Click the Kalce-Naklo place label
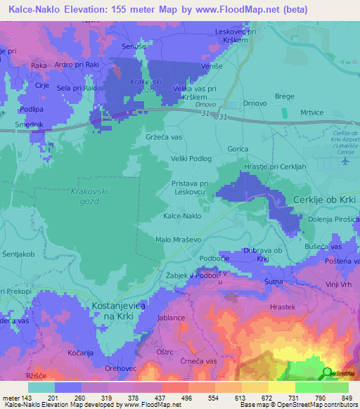click(182, 216)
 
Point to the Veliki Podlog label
click(191, 159)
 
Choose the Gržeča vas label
click(165, 136)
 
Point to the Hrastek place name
click(283, 307)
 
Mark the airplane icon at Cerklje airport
click(345, 161)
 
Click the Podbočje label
click(216, 259)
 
